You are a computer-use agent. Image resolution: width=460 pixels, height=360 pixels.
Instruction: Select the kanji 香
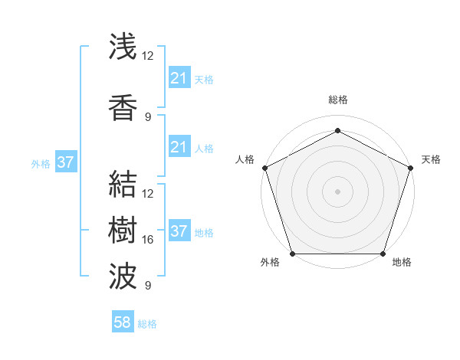tap(123, 107)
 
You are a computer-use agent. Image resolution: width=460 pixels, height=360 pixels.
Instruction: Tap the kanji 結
tap(123, 183)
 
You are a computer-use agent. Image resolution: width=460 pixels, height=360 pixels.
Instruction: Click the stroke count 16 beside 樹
tap(148, 240)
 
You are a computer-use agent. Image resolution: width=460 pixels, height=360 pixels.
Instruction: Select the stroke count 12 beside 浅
tap(148, 56)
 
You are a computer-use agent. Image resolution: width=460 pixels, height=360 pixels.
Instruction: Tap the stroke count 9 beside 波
tap(148, 286)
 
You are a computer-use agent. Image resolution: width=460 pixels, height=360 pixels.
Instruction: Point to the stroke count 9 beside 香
tap(148, 117)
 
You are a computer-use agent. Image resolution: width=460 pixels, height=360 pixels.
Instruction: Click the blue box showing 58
tap(123, 322)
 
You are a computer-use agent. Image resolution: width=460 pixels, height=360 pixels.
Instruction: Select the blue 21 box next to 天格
tap(179, 77)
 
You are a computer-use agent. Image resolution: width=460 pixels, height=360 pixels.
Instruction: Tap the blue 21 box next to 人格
tap(179, 147)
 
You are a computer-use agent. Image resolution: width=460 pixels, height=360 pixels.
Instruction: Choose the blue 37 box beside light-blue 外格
tap(66, 162)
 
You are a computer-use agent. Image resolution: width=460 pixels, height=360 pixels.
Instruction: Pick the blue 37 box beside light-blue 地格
tap(179, 231)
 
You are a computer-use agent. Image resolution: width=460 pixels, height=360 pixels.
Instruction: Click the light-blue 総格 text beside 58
tap(147, 324)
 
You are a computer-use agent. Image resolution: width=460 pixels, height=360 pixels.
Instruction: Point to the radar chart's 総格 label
tap(337, 100)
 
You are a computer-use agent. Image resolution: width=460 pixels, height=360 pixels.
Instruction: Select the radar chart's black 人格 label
tap(245, 159)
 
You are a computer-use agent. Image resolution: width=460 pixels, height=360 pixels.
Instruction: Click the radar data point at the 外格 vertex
tap(292, 254)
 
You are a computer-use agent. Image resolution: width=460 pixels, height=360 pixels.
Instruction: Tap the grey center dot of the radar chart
tap(337, 191)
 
